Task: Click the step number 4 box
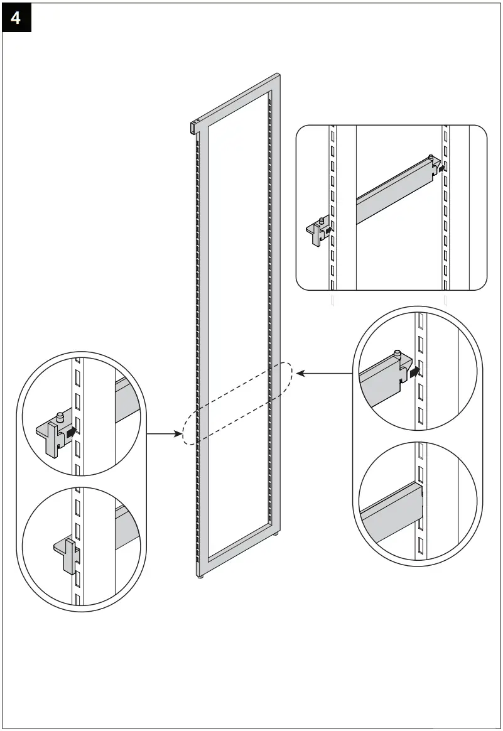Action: (16, 18)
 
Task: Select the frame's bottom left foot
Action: (200, 575)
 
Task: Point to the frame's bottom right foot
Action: (276, 534)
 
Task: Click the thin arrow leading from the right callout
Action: (324, 373)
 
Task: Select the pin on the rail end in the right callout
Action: (396, 354)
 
